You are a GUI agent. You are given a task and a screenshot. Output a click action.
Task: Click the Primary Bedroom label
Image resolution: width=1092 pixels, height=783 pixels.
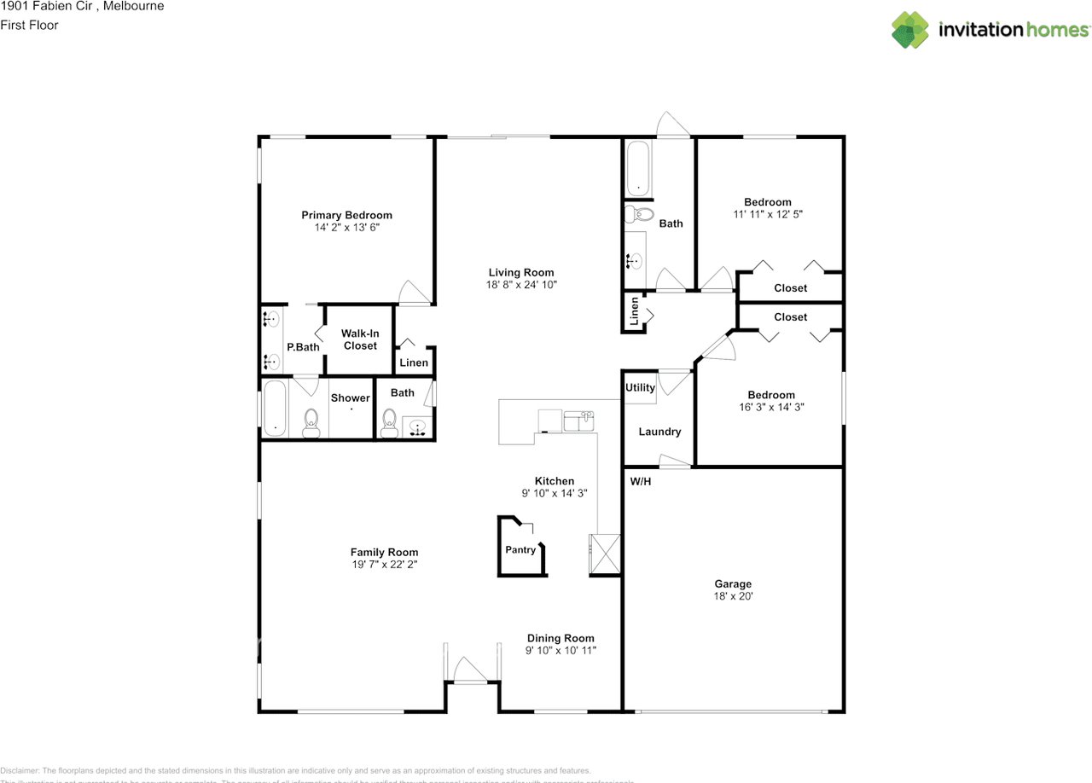[346, 215]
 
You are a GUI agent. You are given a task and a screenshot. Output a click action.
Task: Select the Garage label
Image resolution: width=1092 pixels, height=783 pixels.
[733, 584]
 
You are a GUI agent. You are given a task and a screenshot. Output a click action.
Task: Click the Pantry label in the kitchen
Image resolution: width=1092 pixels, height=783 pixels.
[520, 550]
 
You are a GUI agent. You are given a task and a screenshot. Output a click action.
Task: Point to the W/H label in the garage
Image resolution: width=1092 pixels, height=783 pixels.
[641, 482]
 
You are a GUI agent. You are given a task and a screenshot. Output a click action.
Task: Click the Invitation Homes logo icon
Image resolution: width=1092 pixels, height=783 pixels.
[910, 30]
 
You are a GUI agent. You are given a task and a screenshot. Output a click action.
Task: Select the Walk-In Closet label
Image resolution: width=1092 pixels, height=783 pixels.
[360, 339]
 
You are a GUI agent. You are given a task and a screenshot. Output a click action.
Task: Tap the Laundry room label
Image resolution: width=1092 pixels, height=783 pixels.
[659, 432]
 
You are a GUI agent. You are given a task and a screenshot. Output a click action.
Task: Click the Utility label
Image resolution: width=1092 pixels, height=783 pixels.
[640, 387]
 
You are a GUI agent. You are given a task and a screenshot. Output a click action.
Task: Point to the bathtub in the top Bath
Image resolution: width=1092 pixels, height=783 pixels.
[637, 170]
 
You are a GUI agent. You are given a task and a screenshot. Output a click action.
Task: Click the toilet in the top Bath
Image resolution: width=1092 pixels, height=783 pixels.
[638, 215]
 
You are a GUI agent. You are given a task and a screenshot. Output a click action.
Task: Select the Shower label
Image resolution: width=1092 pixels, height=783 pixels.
[351, 397]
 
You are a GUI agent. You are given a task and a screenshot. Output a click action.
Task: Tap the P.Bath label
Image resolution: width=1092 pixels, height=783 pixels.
[303, 347]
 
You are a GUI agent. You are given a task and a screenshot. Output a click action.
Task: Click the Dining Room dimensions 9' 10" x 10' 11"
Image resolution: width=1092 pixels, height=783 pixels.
[561, 651]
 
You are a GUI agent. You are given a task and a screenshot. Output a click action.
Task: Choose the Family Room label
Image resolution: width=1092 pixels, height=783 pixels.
[384, 552]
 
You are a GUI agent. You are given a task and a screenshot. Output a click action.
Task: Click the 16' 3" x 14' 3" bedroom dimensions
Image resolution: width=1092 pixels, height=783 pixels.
[771, 407]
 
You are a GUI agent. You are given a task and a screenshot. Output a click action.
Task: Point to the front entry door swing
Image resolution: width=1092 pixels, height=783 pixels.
[469, 670]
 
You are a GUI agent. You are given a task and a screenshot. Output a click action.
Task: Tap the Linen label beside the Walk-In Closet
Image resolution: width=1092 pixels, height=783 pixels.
[414, 363]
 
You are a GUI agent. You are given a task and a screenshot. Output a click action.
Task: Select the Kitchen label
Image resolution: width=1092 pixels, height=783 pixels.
[554, 481]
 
